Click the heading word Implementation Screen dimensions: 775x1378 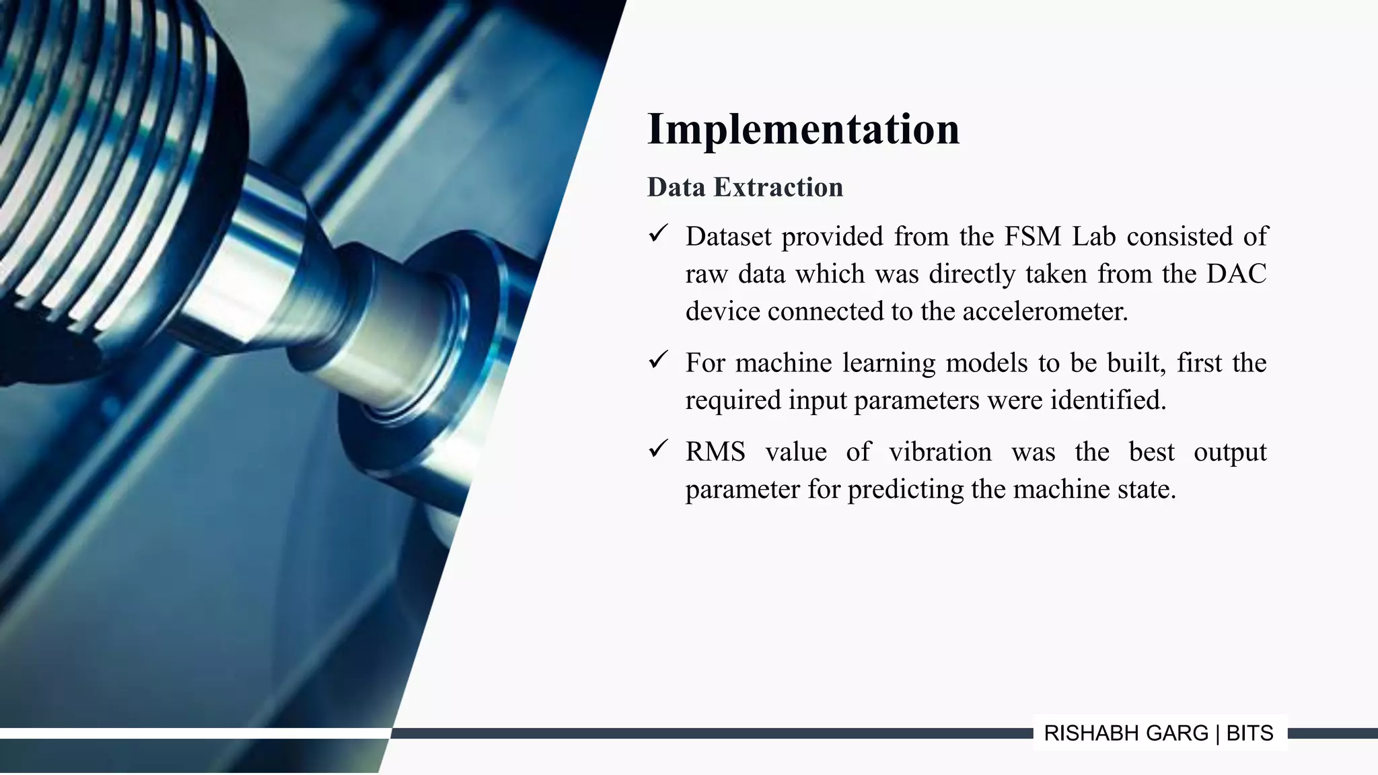click(x=803, y=129)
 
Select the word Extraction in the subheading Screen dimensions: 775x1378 click(x=778, y=187)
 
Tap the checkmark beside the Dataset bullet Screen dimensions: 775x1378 click(x=657, y=234)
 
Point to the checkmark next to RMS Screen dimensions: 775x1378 click(x=657, y=449)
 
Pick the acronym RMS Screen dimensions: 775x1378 click(x=715, y=451)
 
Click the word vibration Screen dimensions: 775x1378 click(x=940, y=451)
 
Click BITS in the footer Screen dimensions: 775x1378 click(x=1249, y=733)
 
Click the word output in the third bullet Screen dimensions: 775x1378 click(x=1230, y=451)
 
